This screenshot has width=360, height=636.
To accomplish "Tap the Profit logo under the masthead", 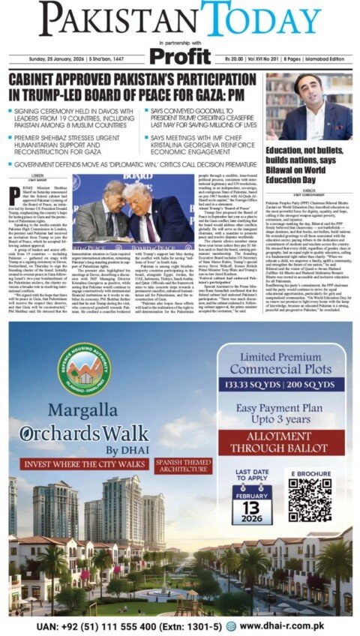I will (x=180, y=55).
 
